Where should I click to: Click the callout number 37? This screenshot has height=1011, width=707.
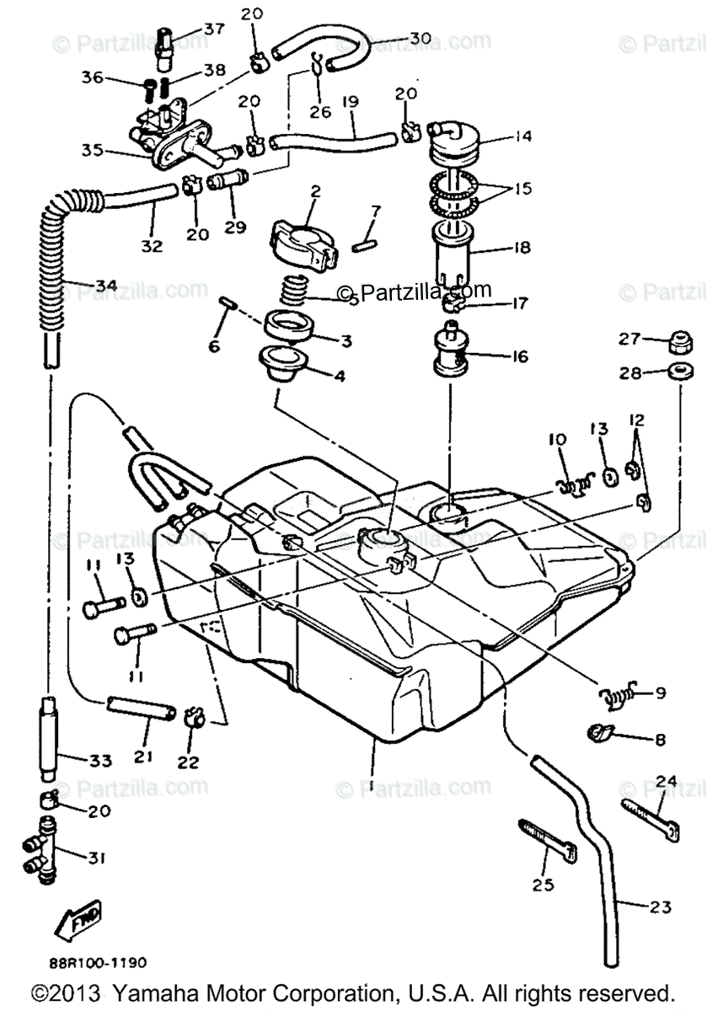coord(213,29)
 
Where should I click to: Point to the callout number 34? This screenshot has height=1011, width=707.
coord(105,286)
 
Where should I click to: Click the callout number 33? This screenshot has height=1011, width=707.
coord(100,761)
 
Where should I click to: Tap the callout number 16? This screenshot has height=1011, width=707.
coord(519,357)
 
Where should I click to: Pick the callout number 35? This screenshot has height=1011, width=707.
coord(92,151)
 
